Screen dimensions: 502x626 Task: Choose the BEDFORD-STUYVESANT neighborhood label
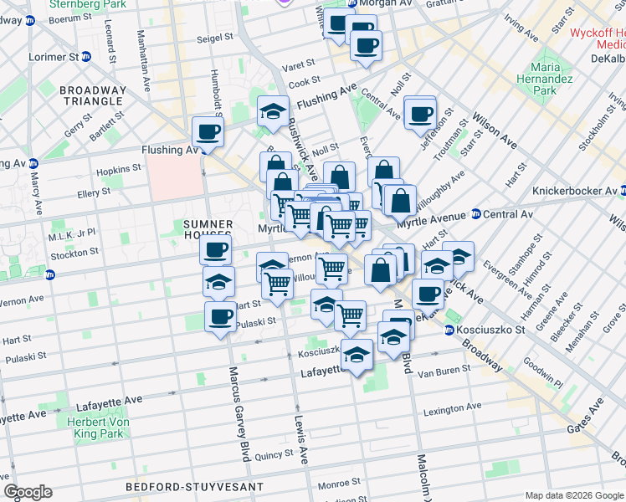point(194,486)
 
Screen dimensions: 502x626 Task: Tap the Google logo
point(28,492)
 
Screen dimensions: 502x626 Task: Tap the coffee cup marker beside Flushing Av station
point(208,131)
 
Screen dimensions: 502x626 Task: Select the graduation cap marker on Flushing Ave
point(272,112)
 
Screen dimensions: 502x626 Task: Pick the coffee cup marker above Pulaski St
point(220,317)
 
